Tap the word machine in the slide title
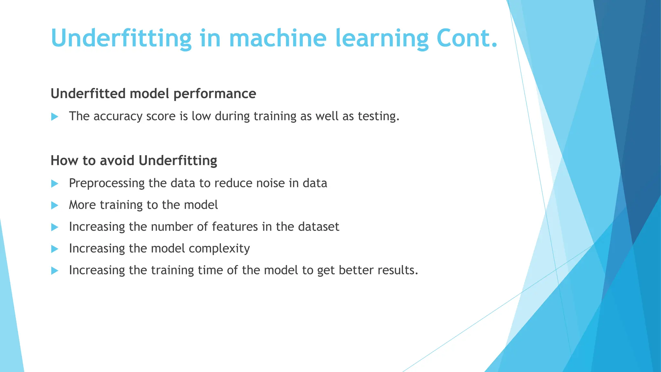[278, 38]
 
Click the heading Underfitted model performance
[153, 94]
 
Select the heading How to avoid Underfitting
[134, 160]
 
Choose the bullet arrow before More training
[55, 205]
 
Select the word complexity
[219, 249]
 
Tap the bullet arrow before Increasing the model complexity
[55, 249]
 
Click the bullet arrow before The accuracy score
[55, 117]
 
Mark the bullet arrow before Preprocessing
[55, 184]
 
